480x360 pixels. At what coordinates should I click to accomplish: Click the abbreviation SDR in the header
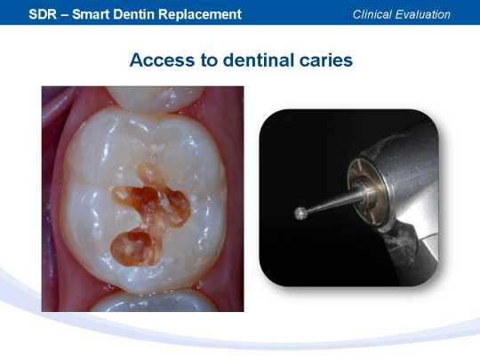(x=43, y=14)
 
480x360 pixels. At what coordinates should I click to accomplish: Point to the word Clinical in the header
(x=372, y=14)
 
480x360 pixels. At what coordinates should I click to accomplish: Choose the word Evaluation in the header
(x=423, y=14)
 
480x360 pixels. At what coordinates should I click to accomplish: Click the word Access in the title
(x=163, y=60)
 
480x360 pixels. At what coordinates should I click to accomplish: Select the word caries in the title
(x=326, y=60)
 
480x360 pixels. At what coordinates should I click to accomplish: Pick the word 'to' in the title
(x=209, y=60)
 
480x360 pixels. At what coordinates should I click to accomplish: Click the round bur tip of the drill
(x=301, y=213)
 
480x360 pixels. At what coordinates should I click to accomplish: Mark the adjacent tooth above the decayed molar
(x=155, y=98)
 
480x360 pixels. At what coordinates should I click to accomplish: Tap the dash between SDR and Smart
(x=65, y=15)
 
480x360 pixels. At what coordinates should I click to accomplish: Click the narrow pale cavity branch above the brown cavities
(x=147, y=173)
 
